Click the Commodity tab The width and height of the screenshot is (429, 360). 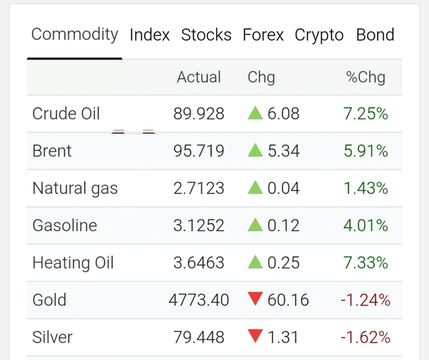(74, 35)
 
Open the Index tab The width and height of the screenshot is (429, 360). (149, 35)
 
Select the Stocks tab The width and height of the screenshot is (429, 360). (207, 35)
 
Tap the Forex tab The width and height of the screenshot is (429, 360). (263, 35)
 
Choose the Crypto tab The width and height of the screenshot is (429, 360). (319, 35)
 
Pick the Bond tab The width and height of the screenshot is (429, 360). (375, 35)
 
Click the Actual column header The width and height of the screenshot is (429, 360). (199, 77)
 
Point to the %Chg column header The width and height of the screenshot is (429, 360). (366, 77)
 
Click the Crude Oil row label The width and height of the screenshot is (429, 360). (66, 114)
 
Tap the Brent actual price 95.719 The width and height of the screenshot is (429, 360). (199, 151)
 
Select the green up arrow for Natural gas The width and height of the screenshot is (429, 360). (255, 188)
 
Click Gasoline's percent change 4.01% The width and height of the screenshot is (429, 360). (366, 225)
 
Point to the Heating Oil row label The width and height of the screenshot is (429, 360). (73, 263)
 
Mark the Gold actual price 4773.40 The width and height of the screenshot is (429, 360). (199, 300)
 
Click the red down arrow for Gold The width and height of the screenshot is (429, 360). (255, 298)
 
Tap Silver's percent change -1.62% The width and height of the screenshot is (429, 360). (365, 337)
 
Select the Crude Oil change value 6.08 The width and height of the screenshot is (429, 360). (283, 114)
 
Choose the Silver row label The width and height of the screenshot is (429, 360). (52, 337)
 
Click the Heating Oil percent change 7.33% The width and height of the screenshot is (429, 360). (366, 263)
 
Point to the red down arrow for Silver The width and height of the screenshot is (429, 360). (255, 336)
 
